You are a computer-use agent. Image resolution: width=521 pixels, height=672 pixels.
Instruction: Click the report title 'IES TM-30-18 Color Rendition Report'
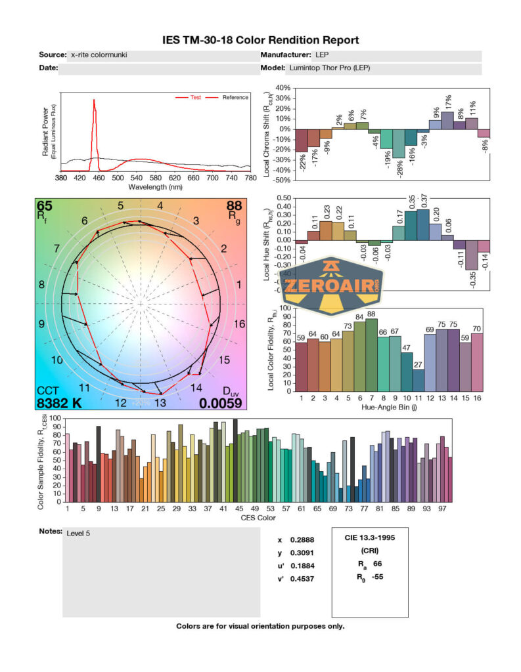(x=261, y=40)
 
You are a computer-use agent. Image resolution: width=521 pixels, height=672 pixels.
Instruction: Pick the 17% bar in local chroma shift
(x=447, y=121)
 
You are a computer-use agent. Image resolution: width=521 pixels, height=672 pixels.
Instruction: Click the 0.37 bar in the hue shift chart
(x=422, y=224)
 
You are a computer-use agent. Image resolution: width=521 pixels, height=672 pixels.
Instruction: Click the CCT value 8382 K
(x=59, y=403)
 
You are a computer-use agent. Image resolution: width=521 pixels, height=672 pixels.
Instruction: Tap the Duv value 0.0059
(x=220, y=403)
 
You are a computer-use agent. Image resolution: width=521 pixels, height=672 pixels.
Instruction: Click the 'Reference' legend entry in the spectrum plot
(x=235, y=98)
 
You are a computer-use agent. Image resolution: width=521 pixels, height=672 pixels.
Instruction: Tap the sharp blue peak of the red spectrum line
(x=94, y=101)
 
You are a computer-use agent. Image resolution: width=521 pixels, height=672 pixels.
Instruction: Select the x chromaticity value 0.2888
(x=299, y=540)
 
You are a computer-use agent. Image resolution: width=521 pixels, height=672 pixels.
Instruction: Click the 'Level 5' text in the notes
(x=78, y=533)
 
